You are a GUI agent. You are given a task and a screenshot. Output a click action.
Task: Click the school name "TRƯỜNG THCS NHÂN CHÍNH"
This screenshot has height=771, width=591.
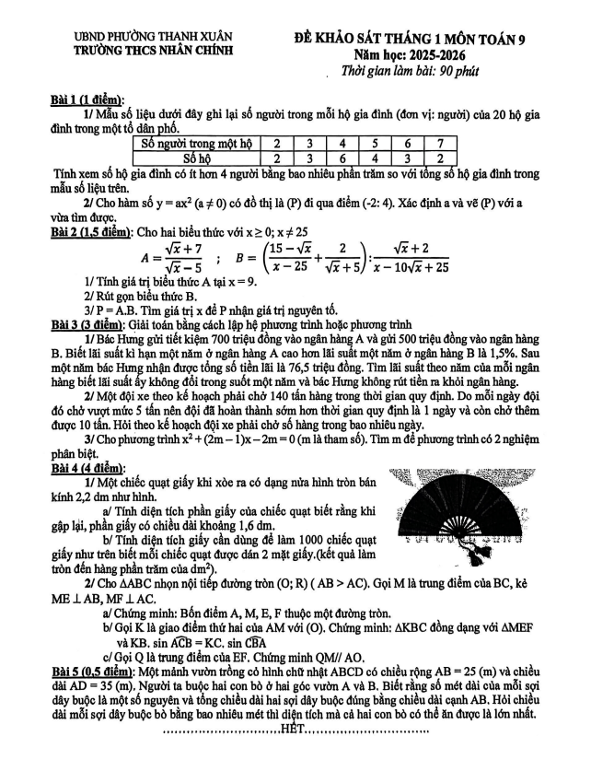[154, 52]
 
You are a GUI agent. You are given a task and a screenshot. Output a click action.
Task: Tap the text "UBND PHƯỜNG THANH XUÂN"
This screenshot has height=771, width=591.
[154, 37]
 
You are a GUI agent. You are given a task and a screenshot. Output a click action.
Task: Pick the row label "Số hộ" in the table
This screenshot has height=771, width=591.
[197, 158]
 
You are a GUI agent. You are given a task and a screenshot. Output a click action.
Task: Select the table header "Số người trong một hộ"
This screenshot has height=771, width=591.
[197, 143]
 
